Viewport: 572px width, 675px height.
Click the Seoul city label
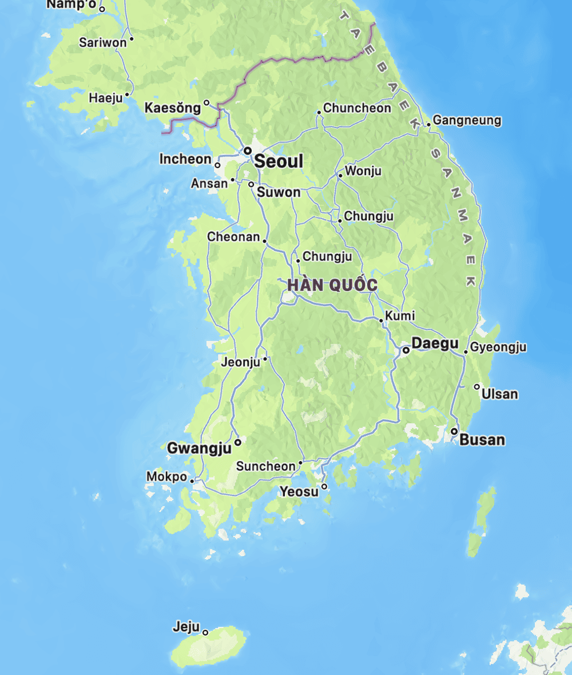[x=279, y=161]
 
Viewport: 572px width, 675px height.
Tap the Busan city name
[x=482, y=440]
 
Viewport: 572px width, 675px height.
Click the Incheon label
[x=185, y=159]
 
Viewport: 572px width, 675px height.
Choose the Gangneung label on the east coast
[x=467, y=121]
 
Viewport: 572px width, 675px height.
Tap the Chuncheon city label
[x=357, y=108]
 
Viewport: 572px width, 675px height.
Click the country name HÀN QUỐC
[x=332, y=285]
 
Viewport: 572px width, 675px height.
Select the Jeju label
[x=186, y=628]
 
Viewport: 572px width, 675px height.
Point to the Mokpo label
[x=166, y=477]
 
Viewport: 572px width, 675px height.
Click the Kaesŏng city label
[x=173, y=108]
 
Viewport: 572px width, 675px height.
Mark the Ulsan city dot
[x=477, y=387]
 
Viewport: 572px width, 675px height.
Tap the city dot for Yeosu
[x=324, y=487]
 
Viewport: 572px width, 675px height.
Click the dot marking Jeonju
[x=265, y=359]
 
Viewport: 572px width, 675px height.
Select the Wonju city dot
[x=340, y=176]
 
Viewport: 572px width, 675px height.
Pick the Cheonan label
[x=233, y=236]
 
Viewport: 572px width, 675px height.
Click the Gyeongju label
[x=498, y=347]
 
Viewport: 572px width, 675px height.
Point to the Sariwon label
[x=103, y=42]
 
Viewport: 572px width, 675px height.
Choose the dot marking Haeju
[x=127, y=94]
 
